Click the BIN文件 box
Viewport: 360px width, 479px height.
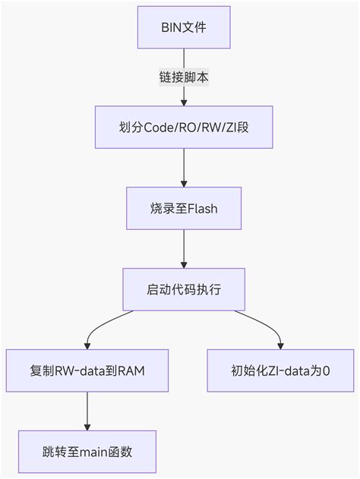click(184, 28)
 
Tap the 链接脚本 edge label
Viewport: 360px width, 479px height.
click(184, 77)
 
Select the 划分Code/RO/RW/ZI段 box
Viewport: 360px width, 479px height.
click(184, 127)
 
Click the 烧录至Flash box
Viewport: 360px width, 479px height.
click(184, 208)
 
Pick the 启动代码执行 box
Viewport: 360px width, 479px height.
click(184, 289)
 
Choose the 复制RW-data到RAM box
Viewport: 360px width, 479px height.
click(87, 370)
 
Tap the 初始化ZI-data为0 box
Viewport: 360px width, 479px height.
click(280, 370)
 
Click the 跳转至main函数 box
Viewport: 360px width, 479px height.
click(87, 452)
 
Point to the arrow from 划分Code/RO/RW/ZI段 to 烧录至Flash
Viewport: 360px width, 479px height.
click(184, 167)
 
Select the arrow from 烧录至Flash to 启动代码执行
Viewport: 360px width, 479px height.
click(184, 248)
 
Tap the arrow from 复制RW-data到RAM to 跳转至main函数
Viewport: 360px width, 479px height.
click(87, 411)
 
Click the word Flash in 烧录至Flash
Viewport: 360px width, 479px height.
click(202, 208)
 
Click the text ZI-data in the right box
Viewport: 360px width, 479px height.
click(286, 370)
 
